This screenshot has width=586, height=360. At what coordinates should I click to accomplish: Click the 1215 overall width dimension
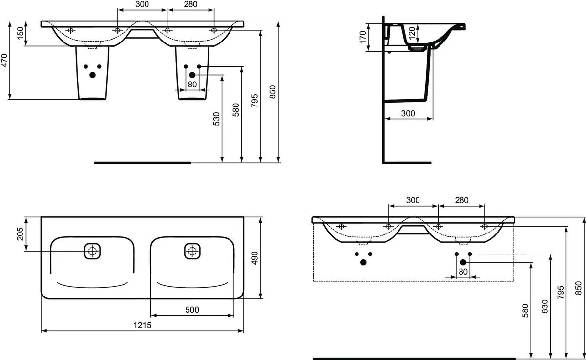point(142,325)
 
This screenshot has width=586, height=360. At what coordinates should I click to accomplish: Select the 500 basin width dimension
point(192,310)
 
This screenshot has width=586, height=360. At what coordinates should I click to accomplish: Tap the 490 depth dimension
point(255,258)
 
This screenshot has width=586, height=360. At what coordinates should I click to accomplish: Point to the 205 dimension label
point(20,234)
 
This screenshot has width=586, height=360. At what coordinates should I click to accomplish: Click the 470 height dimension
point(4,61)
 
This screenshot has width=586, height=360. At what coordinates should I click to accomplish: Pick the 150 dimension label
point(20,33)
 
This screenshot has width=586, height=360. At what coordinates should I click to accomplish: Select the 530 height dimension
point(217,119)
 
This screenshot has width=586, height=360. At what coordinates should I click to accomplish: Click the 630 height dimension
point(544,306)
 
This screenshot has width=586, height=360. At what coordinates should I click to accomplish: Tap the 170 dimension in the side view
point(362,37)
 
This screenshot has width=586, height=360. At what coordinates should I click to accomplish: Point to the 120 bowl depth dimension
point(412,33)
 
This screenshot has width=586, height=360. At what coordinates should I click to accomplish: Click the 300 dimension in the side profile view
point(408,113)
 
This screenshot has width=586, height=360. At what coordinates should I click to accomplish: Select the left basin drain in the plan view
point(92,251)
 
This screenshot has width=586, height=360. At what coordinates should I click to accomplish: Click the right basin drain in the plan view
point(192,251)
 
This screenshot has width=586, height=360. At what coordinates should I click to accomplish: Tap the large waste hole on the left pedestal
point(93,75)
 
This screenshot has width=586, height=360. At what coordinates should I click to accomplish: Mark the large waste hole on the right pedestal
point(192,75)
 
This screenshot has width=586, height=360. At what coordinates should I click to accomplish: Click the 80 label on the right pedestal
point(192,85)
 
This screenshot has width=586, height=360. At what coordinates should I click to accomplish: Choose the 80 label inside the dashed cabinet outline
point(463,272)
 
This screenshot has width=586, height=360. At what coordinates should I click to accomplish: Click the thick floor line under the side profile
point(407,163)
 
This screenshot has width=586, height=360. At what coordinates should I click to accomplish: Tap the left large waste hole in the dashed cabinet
point(363,262)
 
